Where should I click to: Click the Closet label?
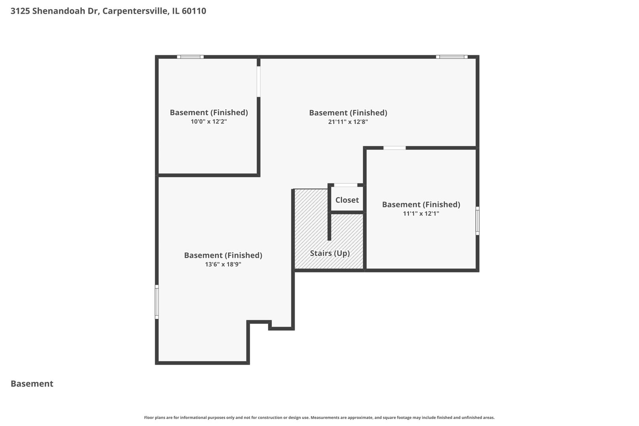[347, 200]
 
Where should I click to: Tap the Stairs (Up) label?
[330, 253]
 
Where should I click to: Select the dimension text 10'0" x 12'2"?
[209, 121]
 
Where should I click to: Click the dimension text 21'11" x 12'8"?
[348, 122]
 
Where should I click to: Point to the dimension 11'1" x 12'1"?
[421, 214]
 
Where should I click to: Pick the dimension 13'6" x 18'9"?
[223, 264]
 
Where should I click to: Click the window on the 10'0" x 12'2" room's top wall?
[190, 57]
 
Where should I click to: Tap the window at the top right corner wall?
[452, 57]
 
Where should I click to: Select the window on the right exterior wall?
[477, 221]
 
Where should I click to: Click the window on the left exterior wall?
[157, 302]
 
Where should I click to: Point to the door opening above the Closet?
[346, 185]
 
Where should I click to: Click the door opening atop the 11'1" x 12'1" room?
[394, 148]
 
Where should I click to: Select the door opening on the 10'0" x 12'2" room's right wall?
[258, 81]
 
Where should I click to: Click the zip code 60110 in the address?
[194, 11]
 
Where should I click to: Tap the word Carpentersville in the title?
[136, 11]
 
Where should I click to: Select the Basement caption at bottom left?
[32, 384]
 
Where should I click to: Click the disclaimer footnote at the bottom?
[319, 417]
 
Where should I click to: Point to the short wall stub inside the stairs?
[329, 226]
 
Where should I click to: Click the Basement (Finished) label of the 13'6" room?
[223, 255]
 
